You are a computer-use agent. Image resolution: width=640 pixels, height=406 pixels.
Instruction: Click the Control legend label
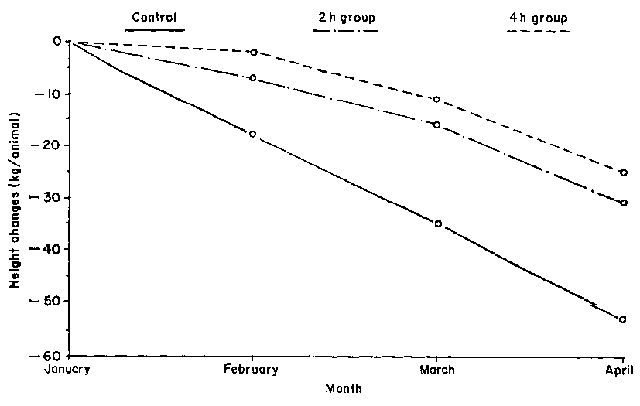coord(154,17)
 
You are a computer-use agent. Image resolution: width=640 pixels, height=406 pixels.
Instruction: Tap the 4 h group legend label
coord(538,17)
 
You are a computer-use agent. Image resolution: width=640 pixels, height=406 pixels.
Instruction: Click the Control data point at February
coord(253,134)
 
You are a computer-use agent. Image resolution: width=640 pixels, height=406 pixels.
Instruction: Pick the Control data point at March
coord(438,223)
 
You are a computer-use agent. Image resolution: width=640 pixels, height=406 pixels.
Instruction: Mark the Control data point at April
coord(623,319)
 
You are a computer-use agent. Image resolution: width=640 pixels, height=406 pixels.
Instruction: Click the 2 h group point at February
coord(253,78)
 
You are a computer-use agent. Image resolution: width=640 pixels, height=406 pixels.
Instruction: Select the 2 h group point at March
coord(437,124)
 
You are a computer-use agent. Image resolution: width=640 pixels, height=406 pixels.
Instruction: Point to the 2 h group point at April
coord(623,203)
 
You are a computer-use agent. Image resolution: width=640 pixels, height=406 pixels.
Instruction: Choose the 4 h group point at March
coord(437,99)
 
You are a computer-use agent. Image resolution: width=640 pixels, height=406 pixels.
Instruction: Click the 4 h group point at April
coord(623,172)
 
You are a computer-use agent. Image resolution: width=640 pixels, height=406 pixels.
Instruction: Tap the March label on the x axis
coord(437,369)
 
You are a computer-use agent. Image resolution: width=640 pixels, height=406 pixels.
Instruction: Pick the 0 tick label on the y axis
coord(58,41)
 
